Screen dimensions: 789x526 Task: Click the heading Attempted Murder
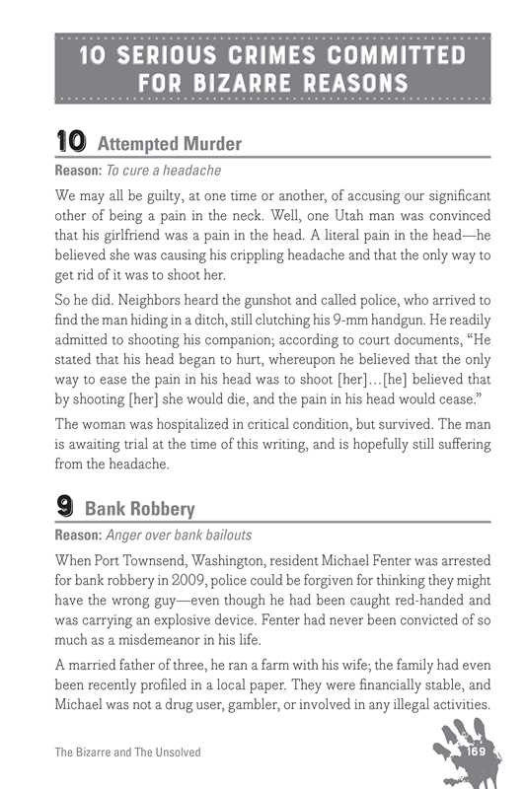pos(170,145)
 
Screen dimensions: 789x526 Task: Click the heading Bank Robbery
pos(140,510)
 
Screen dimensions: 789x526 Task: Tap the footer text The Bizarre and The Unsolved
pos(127,753)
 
